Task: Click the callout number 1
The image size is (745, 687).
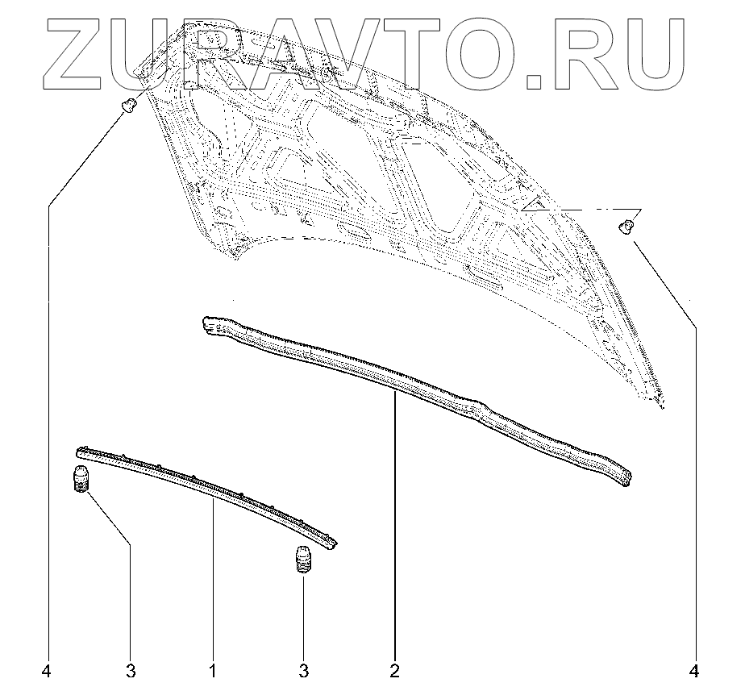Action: pos(213,670)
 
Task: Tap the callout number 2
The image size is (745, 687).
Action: pos(395,670)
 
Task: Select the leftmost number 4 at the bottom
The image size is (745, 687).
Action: pos(48,670)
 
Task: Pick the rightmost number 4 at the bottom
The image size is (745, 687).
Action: pos(695,670)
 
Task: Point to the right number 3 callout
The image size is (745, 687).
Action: pos(303,670)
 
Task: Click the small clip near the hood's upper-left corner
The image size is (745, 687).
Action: pos(127,104)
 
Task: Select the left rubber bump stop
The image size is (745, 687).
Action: pos(81,480)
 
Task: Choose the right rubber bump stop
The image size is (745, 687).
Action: pos(302,561)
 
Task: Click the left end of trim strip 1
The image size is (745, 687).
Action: pos(81,452)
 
